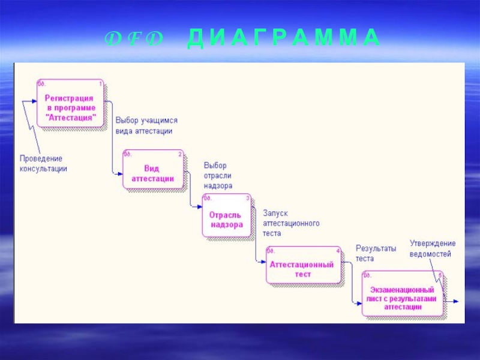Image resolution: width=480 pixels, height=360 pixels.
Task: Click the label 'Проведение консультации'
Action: [43, 163]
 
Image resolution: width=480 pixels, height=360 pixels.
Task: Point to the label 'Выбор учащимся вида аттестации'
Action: [146, 125]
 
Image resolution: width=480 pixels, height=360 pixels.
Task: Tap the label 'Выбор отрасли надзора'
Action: [218, 175]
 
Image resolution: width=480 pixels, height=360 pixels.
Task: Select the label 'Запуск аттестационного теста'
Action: [290, 223]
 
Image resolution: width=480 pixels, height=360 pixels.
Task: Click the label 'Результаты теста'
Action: [375, 253]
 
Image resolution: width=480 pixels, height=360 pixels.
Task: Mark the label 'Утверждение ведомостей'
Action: [432, 248]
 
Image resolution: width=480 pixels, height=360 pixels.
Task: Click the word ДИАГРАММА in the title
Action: [283, 38]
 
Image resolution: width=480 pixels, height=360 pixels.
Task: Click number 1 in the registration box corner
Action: [100, 84]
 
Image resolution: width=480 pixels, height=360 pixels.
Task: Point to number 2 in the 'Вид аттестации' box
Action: [179, 154]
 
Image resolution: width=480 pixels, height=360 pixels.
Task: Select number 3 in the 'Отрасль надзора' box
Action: [248, 197]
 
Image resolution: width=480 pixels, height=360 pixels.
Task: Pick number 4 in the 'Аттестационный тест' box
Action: [338, 250]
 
